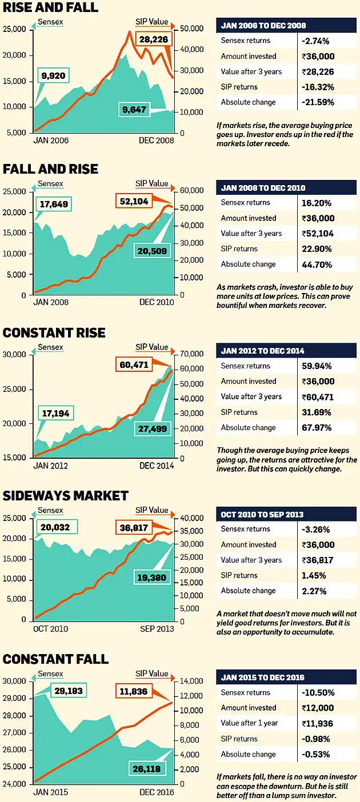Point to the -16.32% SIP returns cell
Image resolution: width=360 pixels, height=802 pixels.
318,87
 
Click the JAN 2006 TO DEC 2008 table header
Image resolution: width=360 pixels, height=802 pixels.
263,26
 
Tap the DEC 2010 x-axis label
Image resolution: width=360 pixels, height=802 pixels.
157,302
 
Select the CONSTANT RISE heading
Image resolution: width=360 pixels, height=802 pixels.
54,333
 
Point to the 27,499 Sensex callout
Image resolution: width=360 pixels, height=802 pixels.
155,428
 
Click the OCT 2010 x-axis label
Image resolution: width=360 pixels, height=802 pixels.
51,629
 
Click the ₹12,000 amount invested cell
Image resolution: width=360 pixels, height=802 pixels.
318,708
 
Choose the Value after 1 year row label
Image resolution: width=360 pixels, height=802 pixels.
250,723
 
